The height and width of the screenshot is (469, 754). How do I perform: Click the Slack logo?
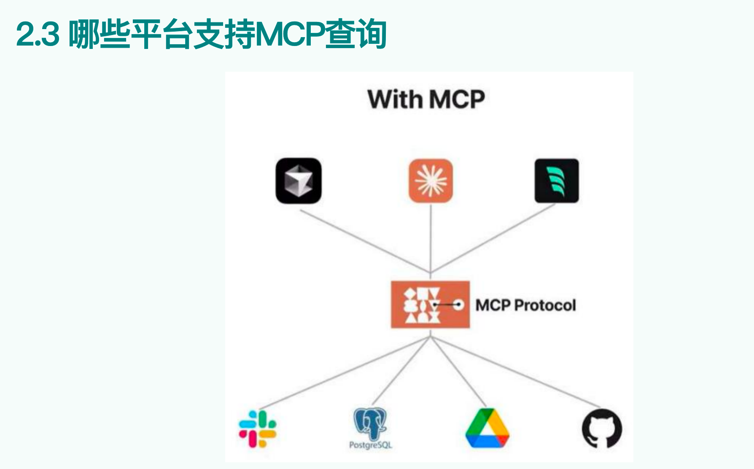258,429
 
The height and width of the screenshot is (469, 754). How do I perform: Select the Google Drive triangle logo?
487,429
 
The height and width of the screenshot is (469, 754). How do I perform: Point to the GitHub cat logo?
602,429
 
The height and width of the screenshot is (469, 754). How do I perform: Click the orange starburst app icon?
431,181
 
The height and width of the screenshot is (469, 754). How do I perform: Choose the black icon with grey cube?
299,181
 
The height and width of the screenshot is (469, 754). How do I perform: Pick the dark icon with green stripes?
557,181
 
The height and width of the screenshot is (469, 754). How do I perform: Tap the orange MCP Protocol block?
430,304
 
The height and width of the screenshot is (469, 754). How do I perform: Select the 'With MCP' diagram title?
426,100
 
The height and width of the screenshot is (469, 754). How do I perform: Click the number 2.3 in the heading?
38,35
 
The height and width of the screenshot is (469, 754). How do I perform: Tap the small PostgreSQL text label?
371,445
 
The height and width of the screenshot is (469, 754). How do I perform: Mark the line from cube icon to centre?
365,241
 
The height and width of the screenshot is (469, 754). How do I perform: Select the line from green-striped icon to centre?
493,239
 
